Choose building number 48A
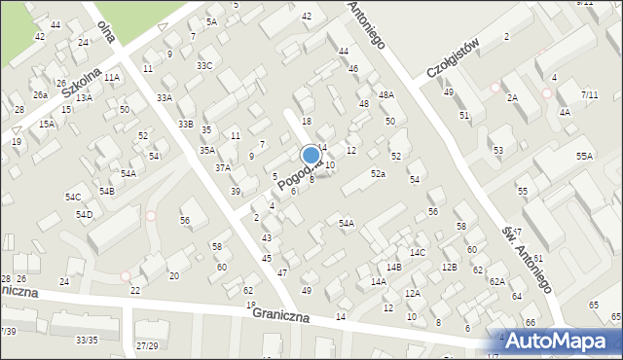[386, 94]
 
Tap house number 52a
[378, 173]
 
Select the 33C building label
[203, 65]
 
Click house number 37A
[223, 167]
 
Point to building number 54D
[85, 214]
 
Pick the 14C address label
[418, 253]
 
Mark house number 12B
[449, 267]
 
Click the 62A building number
[496, 281]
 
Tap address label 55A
[584, 156]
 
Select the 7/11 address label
[589, 94]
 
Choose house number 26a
[40, 95]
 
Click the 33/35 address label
[87, 340]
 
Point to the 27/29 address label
[147, 345]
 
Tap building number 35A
[207, 151]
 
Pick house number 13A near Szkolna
[84, 98]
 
